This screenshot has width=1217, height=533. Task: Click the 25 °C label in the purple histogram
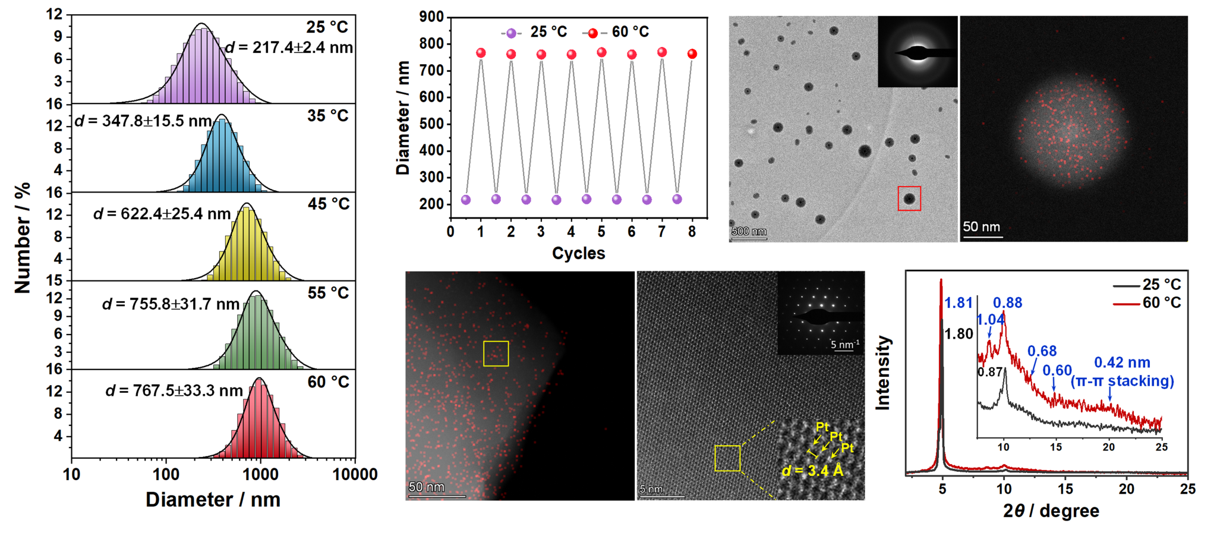[327, 27]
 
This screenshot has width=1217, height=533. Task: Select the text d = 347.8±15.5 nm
[143, 121]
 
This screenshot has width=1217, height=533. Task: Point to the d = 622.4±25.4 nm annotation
[162, 214]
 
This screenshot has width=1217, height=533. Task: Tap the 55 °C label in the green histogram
[328, 293]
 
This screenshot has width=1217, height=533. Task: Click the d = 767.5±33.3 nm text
[174, 390]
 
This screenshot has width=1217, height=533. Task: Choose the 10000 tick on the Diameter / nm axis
[355, 474]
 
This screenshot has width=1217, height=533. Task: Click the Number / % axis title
[22, 238]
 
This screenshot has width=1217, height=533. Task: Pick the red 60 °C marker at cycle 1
[481, 53]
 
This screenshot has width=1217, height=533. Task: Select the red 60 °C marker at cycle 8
[692, 54]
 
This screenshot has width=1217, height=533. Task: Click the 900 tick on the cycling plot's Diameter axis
[431, 17]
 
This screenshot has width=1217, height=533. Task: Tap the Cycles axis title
[578, 253]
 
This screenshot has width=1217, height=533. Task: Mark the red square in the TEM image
[909, 198]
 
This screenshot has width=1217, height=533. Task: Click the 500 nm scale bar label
[749, 231]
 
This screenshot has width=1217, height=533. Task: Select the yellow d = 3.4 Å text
[812, 471]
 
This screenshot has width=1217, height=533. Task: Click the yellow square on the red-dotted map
[496, 354]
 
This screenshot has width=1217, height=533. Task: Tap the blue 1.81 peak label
[959, 303]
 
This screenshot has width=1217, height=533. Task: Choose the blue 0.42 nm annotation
[1122, 362]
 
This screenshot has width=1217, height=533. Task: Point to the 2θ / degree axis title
[1051, 511]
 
